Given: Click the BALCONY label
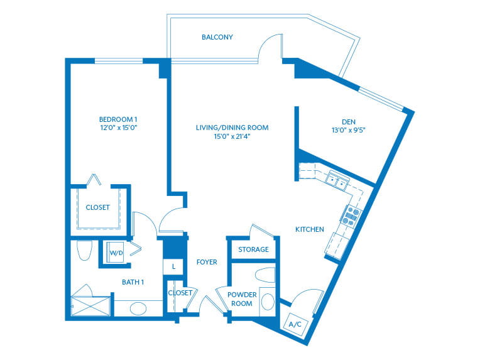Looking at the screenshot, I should pyautogui.click(x=217, y=37).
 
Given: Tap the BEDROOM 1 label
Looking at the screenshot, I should pyautogui.click(x=118, y=119).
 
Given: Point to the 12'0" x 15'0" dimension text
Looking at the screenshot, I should pyautogui.click(x=118, y=128).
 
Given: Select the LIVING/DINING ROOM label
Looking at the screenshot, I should pyautogui.click(x=232, y=128).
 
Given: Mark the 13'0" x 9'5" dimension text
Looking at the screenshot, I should pyautogui.click(x=349, y=132).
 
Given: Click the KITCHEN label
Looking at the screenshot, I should pyautogui.click(x=310, y=229).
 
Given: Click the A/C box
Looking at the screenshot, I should pyautogui.click(x=294, y=324).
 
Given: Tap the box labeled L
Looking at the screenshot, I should pyautogui.click(x=173, y=267).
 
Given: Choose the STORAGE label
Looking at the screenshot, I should pyautogui.click(x=253, y=249).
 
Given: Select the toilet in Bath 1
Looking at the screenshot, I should pyautogui.click(x=84, y=251).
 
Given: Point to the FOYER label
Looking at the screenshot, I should pyautogui.click(x=207, y=262).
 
